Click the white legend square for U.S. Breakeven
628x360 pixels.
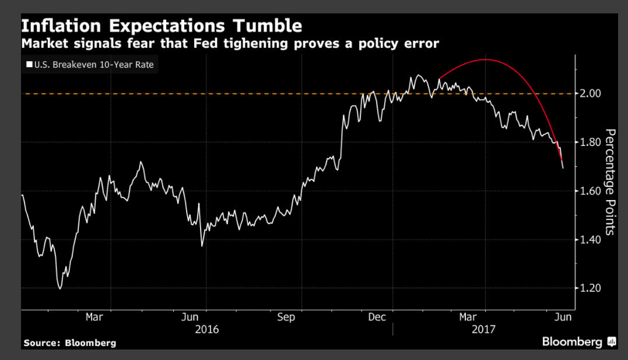click(29, 65)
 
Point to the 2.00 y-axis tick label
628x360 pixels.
click(591, 93)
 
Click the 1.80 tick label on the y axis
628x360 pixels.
click(591, 142)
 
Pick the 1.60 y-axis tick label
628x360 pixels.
click(591, 191)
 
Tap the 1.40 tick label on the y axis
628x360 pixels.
click(591, 239)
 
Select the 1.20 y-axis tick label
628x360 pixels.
click(591, 288)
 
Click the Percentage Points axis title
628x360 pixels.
click(609, 181)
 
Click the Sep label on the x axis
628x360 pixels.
click(286, 317)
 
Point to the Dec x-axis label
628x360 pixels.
click(378, 317)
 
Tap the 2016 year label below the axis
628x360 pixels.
click(207, 330)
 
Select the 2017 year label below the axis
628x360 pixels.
click(483, 330)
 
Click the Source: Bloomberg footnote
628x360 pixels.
click(69, 342)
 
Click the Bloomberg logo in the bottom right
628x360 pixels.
click(578, 341)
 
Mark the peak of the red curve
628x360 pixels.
click(486, 60)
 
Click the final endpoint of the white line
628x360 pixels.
click(563, 169)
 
